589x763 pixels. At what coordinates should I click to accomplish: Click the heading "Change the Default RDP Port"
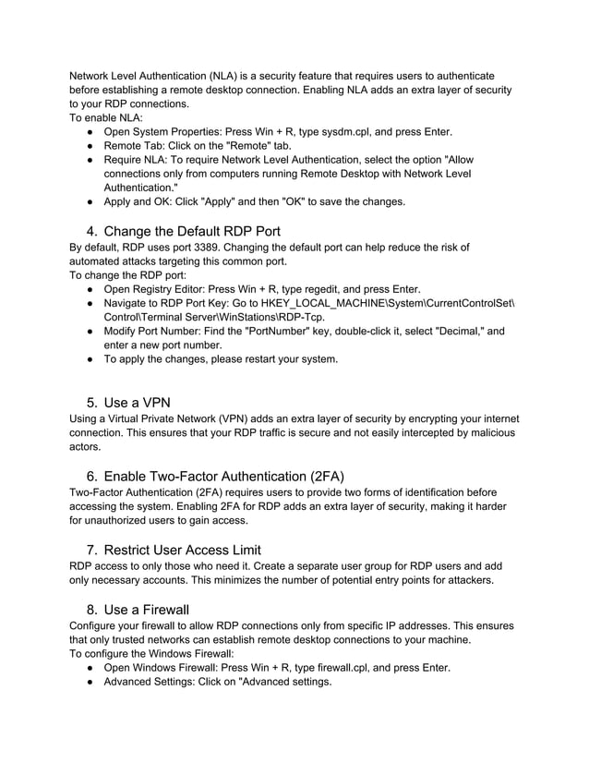tap(192, 230)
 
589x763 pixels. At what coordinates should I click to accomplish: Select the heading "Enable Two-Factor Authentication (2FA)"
tap(224, 476)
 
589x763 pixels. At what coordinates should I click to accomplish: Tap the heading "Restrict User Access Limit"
tap(183, 550)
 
